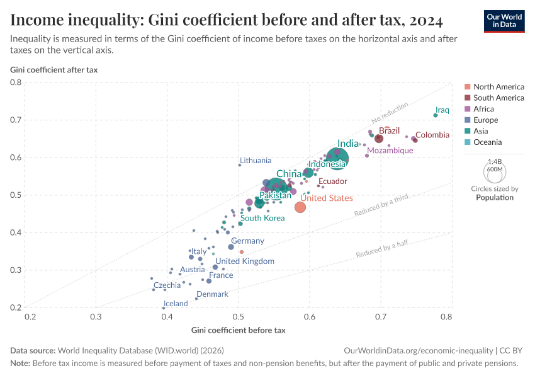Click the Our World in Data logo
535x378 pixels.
(504, 21)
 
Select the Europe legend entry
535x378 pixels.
(485, 120)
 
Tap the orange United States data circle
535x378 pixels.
(300, 207)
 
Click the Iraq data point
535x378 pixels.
(435, 115)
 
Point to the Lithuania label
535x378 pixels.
(256, 161)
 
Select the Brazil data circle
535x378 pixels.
(379, 139)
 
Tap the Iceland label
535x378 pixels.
(176, 304)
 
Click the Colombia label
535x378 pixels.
(432, 135)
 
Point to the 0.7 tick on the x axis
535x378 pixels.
(380, 317)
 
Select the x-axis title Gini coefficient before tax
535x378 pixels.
(238, 330)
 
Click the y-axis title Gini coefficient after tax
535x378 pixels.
(53, 69)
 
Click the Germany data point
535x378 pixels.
(231, 247)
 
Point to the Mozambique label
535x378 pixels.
(390, 151)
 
